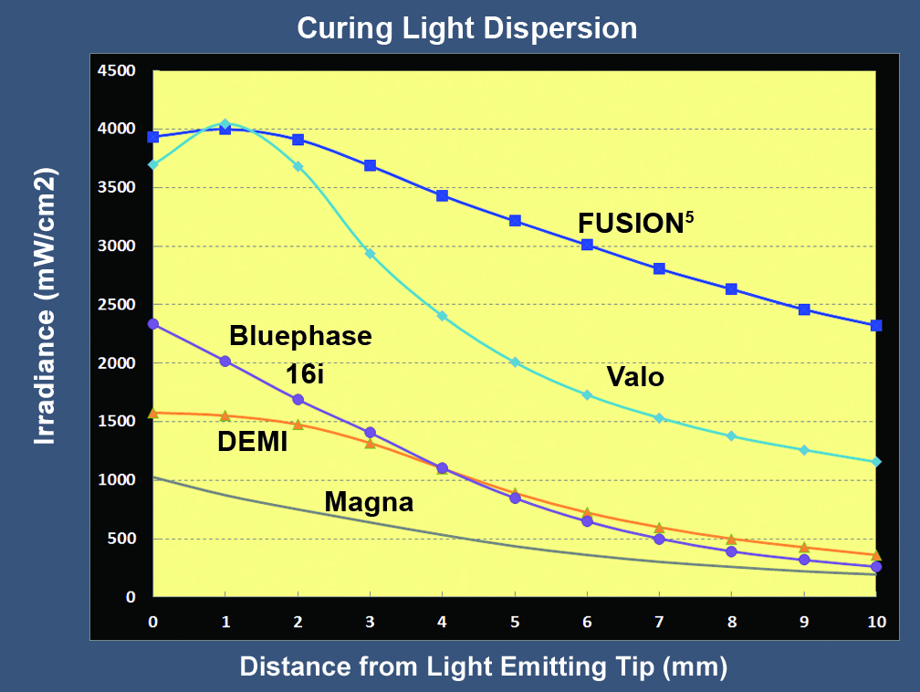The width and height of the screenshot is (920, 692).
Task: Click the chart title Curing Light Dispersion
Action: tap(466, 28)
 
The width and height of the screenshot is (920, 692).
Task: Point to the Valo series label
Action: tap(635, 376)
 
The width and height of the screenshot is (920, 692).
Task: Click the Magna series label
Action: tap(369, 502)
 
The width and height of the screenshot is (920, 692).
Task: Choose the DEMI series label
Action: tap(253, 443)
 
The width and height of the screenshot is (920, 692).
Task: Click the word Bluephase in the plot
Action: tap(300, 336)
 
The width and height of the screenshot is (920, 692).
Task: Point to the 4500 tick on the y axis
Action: tap(116, 71)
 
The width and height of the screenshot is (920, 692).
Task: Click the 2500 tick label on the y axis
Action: tap(116, 305)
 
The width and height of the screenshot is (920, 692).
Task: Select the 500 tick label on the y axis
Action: tap(120, 539)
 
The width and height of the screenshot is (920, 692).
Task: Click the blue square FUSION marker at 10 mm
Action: tap(876, 325)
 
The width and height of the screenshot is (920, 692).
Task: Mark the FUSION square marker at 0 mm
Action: tap(153, 137)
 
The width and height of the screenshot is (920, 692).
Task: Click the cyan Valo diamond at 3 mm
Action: tap(371, 253)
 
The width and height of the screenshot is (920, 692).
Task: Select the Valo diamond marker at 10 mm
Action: tap(876, 462)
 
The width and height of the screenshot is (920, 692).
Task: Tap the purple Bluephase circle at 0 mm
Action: tap(153, 324)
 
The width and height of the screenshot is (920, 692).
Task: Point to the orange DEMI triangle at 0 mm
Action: tap(153, 413)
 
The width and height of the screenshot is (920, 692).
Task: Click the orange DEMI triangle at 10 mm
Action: tap(876, 554)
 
